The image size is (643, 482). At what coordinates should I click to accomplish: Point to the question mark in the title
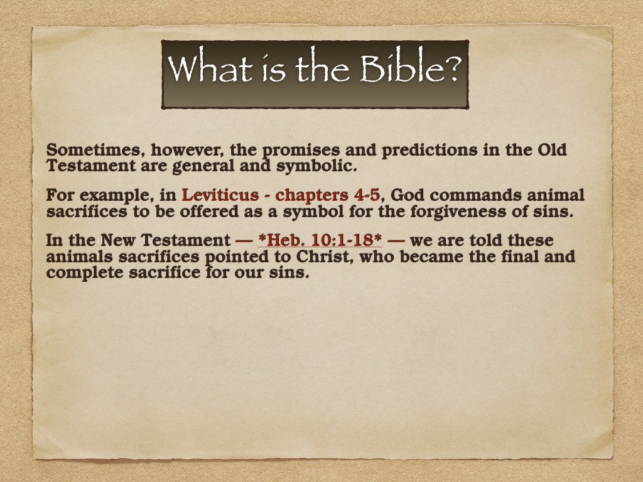[x=451, y=70]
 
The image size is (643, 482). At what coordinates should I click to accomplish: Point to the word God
[x=408, y=195]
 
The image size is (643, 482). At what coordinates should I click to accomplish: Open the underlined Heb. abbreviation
[x=281, y=240]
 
